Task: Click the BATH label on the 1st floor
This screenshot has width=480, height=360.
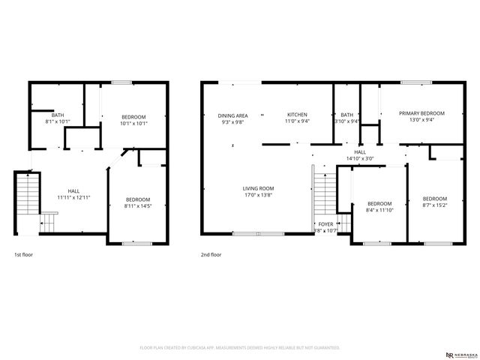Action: pos(58,115)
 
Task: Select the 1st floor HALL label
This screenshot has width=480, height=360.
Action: pos(74,190)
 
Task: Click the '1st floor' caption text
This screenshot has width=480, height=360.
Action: pos(24,255)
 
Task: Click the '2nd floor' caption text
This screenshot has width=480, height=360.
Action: pos(211,255)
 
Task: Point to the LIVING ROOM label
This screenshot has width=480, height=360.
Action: pos(258,188)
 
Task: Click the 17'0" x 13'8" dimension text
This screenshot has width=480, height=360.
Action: pos(258,195)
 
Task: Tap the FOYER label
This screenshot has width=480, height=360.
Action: pos(325,223)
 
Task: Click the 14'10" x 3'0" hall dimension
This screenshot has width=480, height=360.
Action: pos(360,158)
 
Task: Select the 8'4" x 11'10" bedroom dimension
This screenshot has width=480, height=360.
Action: pos(379,210)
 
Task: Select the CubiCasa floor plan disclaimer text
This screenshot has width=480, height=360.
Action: pos(240,348)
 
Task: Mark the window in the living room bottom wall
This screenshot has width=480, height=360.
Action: pos(257,234)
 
